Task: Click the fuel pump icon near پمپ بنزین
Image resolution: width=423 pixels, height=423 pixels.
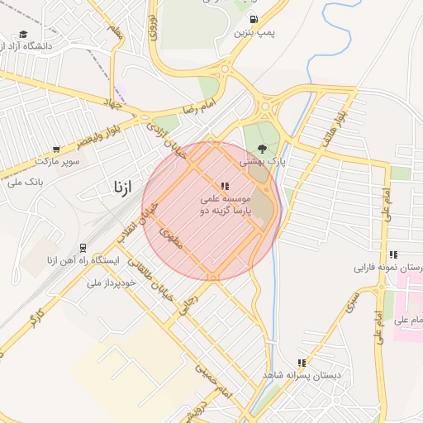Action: coord(252,19)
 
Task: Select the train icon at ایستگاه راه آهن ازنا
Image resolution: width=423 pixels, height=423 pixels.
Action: coord(83,248)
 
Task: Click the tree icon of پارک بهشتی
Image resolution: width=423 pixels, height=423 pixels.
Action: coord(262,150)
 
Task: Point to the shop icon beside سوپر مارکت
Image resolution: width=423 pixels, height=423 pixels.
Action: coord(55,150)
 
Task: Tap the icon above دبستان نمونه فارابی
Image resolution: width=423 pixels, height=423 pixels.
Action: coord(392,254)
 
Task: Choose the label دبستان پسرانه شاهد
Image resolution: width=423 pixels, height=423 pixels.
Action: coord(302,375)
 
